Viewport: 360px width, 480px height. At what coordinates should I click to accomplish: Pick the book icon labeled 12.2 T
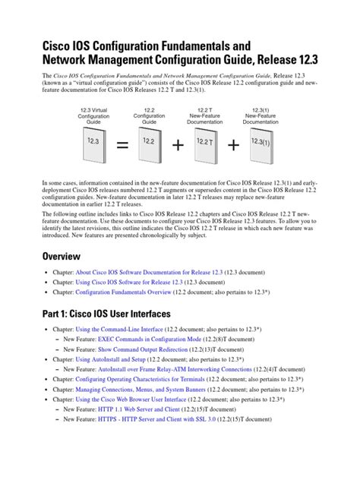coord(205,144)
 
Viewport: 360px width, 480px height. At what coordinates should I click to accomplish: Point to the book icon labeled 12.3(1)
coord(261,144)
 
